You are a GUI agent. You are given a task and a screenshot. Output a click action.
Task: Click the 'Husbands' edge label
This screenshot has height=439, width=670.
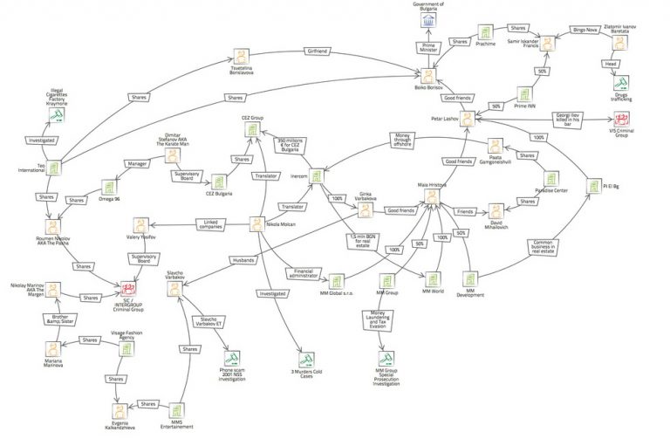pyautogui.click(x=243, y=260)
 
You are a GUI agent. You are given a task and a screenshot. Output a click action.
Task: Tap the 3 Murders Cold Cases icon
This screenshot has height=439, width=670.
pyautogui.click(x=304, y=359)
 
